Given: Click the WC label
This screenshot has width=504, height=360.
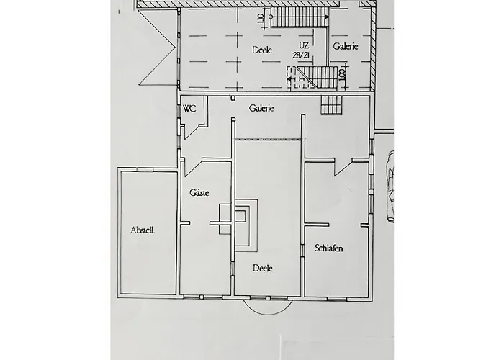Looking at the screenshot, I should click(190, 109).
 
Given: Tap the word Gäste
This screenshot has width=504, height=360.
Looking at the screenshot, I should click(198, 193).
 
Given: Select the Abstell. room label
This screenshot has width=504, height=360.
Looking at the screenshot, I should click(144, 230).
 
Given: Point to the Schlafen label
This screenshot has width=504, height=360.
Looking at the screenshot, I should click(328, 248).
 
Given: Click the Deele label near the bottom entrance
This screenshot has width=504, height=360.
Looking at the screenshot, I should click(262, 267).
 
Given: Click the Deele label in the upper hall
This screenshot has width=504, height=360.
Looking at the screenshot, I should click(262, 50).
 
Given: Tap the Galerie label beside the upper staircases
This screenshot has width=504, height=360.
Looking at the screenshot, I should click(346, 45).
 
